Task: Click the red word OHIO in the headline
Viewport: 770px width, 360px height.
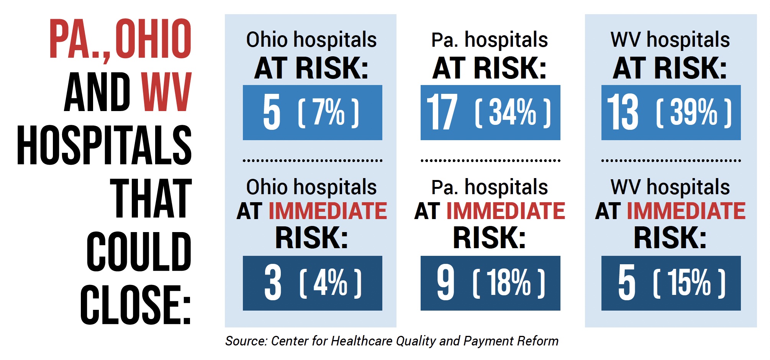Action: coord(153,39)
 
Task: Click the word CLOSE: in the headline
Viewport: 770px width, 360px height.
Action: coord(136,305)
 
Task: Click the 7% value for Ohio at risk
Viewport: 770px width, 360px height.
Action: coord(329,113)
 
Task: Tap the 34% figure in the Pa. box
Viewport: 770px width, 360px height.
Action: coord(513,113)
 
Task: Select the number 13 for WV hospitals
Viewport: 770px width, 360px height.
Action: coord(623,113)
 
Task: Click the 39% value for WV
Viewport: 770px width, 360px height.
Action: coord(694,113)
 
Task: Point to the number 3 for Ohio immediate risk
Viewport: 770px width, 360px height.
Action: coord(273,283)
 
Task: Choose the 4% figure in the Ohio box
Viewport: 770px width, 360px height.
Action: coord(331,283)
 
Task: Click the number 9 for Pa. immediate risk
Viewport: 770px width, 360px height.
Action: coord(446,283)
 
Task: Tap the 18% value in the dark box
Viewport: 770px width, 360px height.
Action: coord(509,283)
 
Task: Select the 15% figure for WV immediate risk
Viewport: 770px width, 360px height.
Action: coord(689,283)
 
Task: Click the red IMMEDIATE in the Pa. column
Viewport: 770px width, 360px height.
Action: coord(506,211)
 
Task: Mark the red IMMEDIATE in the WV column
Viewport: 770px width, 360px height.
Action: coord(686,211)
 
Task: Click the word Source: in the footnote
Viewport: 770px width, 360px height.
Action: coord(246,341)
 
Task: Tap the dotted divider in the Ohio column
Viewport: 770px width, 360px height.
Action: coord(312,161)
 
